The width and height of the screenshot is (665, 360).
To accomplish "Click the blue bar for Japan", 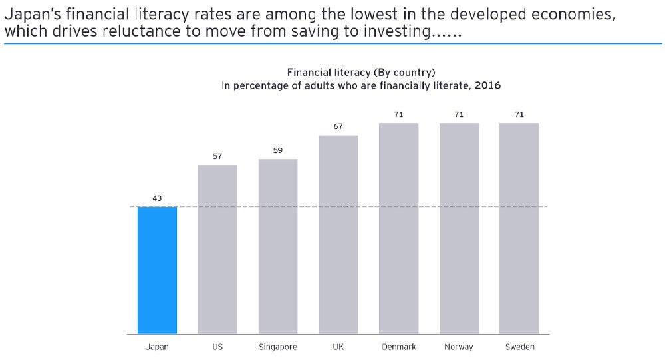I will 157,270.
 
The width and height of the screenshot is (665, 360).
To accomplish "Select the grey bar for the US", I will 217,249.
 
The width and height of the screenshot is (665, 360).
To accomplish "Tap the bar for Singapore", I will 278,246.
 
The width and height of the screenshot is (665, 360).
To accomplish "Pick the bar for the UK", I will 338,234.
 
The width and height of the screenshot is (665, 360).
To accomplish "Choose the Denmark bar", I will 399,228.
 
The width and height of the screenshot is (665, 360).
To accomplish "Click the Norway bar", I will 459,228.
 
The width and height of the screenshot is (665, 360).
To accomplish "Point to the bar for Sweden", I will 519,228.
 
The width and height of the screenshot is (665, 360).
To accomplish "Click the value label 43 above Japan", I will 157,198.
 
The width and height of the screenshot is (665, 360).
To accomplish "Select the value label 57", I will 217,156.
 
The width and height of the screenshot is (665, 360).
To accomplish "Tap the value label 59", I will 278,150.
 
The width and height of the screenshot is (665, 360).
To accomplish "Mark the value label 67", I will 338,126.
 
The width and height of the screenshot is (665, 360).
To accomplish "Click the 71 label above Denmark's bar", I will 399,114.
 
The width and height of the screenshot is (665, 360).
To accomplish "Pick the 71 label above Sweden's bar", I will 519,114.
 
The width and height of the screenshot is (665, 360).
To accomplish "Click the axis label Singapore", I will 278,347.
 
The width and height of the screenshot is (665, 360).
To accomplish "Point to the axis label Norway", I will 459,347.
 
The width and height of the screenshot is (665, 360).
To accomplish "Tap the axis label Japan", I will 157,347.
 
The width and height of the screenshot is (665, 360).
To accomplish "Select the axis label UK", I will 338,347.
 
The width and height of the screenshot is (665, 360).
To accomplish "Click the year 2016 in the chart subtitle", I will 487,86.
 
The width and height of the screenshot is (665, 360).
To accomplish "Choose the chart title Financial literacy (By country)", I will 361,72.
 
